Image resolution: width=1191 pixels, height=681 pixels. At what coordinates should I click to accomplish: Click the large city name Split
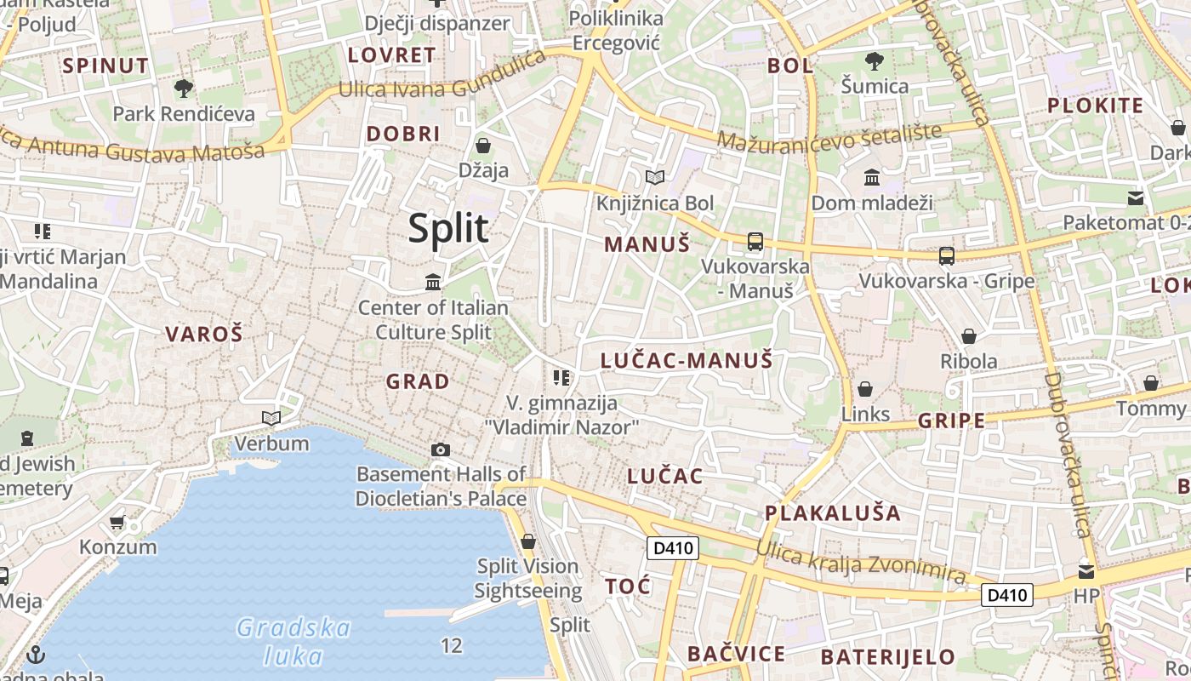(x=448, y=228)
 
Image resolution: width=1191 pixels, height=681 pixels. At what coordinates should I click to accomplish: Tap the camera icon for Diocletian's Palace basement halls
(x=440, y=449)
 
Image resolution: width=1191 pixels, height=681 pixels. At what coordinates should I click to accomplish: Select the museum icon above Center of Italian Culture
(x=433, y=282)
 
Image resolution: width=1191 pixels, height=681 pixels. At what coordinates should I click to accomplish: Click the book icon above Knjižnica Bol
(x=654, y=178)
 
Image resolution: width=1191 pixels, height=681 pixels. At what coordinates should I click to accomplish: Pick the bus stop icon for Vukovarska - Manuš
(x=755, y=241)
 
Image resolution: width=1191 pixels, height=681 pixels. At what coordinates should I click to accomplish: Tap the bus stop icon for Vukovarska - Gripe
(x=946, y=255)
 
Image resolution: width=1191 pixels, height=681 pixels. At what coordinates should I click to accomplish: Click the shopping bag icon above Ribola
(x=968, y=336)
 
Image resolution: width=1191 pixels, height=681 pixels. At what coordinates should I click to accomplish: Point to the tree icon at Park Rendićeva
(x=183, y=87)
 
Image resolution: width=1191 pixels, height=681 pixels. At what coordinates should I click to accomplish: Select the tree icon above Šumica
(x=874, y=60)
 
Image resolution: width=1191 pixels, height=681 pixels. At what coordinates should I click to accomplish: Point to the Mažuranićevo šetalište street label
(x=829, y=136)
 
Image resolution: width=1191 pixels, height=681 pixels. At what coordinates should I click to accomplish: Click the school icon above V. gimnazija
(x=561, y=377)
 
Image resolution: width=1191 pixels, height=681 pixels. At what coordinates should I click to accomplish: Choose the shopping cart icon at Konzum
(x=117, y=522)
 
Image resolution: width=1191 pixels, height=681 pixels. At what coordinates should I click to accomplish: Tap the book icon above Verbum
(x=271, y=418)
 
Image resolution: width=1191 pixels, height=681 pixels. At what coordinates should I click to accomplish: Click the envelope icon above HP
(x=1086, y=571)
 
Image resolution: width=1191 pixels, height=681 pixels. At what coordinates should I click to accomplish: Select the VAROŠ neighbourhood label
(x=204, y=334)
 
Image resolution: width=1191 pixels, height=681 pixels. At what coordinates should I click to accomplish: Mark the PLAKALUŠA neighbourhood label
(x=832, y=512)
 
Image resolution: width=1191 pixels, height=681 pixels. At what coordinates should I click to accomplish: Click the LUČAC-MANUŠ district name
(x=686, y=360)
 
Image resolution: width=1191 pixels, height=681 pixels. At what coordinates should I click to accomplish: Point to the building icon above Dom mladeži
(x=872, y=178)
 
